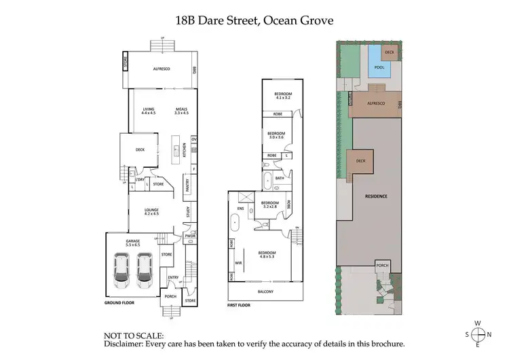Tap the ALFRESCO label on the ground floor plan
click(x=161, y=69)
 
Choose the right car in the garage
click(x=144, y=270)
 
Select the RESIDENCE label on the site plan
click(x=376, y=196)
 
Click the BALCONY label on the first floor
click(x=266, y=291)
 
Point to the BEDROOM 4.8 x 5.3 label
click(x=267, y=255)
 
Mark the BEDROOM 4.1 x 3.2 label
click(x=283, y=95)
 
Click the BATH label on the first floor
click(x=279, y=179)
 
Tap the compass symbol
click(x=479, y=334)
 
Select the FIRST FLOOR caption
click(x=239, y=306)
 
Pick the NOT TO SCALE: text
click(x=133, y=336)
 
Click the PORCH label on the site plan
click(x=383, y=266)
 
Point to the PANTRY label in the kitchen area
click(x=187, y=184)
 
